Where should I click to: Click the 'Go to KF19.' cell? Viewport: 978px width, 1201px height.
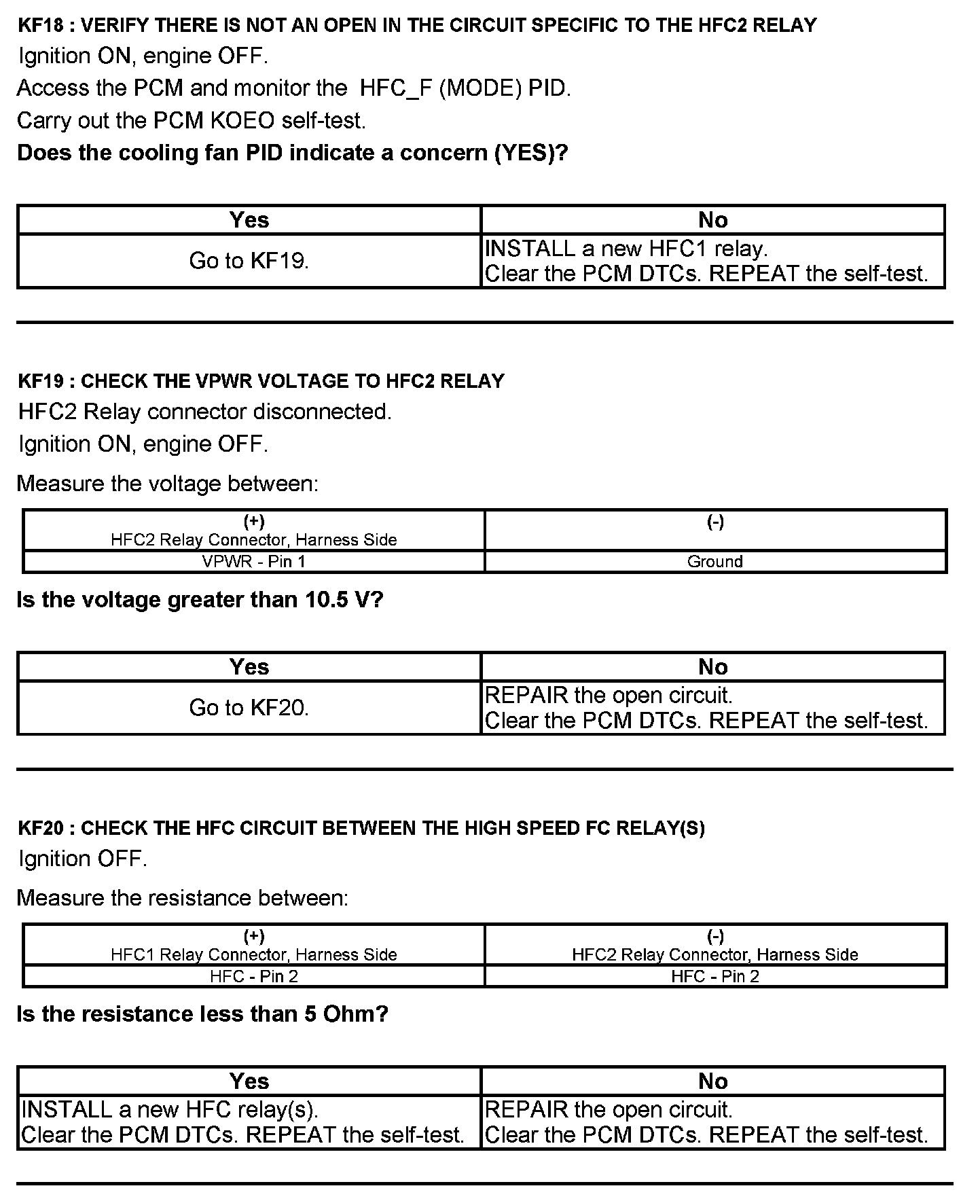click(249, 261)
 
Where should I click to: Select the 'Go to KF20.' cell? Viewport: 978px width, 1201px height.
click(249, 708)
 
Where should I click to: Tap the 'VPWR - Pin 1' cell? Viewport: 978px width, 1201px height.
click(254, 562)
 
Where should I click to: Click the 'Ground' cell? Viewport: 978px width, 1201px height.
click(715, 562)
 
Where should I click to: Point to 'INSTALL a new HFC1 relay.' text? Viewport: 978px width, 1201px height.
click(626, 249)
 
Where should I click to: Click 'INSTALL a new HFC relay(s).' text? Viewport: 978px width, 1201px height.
click(170, 1109)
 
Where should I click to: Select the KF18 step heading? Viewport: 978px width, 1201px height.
click(417, 26)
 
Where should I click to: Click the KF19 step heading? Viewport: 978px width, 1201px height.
click(261, 381)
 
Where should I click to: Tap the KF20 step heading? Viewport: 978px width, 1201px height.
click(361, 828)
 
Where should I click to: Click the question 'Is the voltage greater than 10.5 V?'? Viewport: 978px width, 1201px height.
click(200, 600)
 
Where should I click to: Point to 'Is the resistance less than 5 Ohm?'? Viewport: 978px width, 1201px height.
click(202, 1014)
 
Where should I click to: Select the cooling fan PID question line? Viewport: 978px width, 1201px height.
click(292, 153)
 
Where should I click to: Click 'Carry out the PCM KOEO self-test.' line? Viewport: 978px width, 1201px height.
click(192, 121)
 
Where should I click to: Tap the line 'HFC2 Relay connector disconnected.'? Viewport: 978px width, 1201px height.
click(205, 412)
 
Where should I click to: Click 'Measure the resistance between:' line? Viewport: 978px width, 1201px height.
click(183, 898)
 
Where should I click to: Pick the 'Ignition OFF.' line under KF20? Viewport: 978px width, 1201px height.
click(83, 859)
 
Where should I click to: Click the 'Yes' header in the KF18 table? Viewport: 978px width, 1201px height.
click(249, 220)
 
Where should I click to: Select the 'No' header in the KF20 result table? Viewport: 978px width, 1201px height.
click(713, 1081)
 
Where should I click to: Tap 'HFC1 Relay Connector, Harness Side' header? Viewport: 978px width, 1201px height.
click(254, 954)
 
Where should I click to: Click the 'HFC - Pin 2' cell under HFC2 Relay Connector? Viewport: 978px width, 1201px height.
click(715, 976)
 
